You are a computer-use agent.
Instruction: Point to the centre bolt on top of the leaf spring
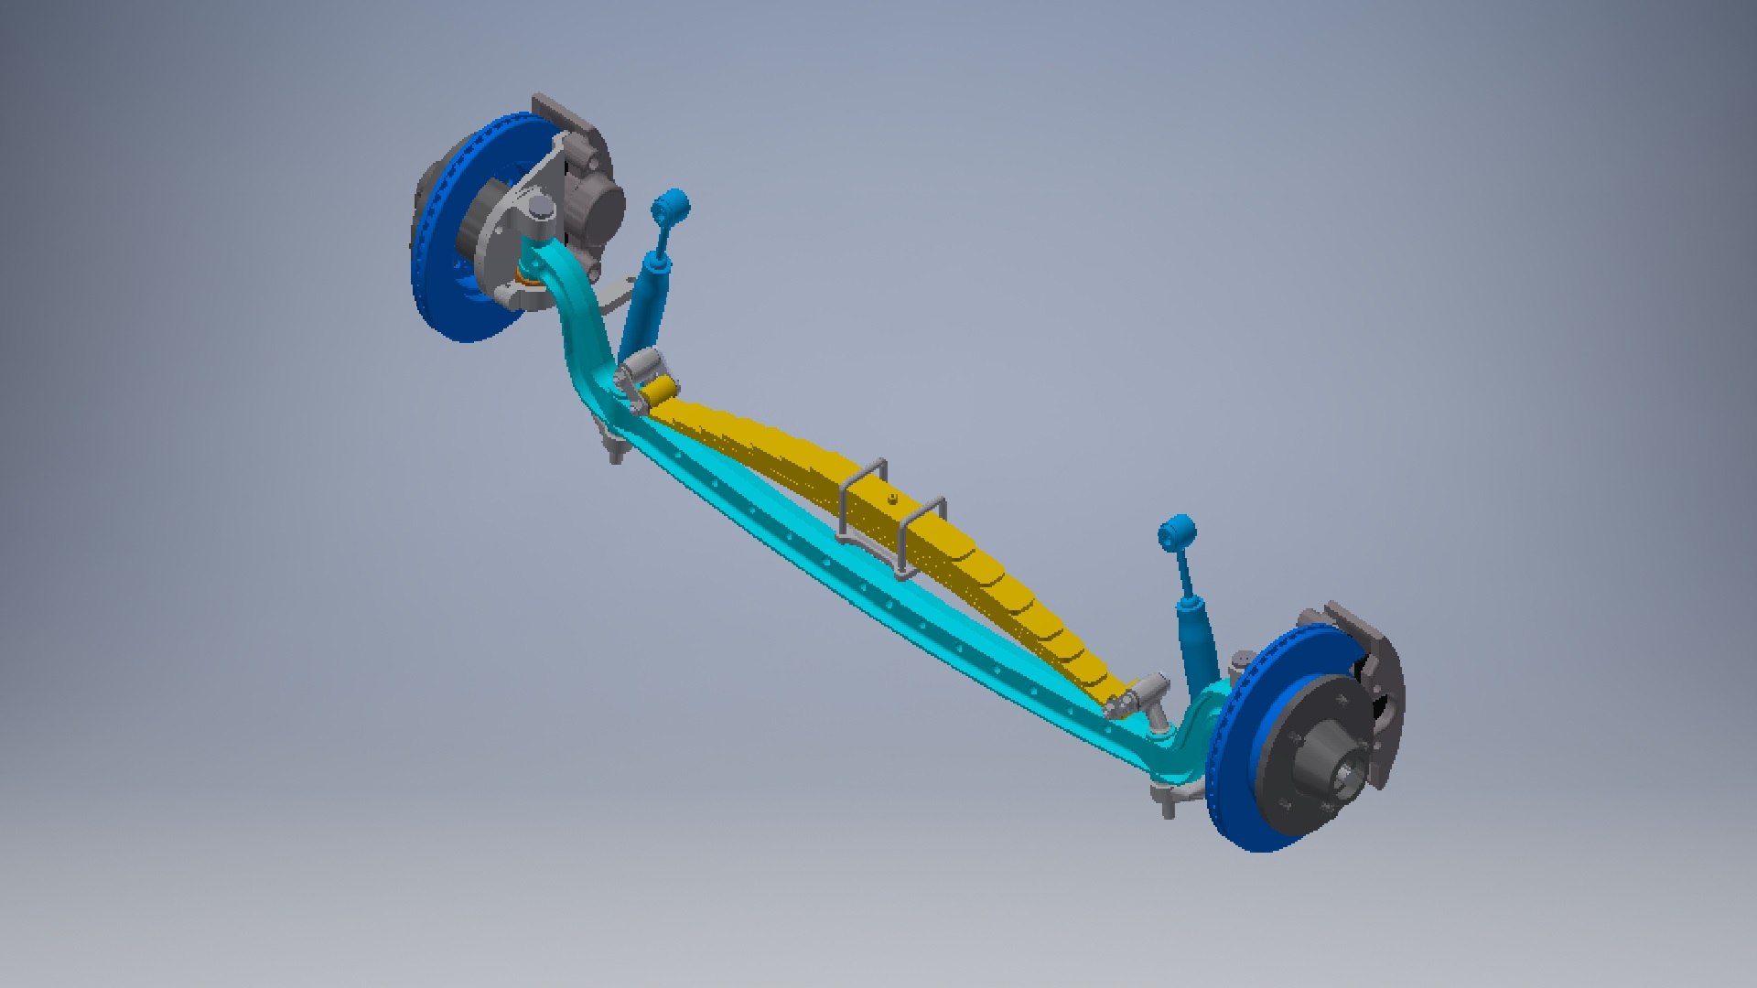pyautogui.click(x=891, y=499)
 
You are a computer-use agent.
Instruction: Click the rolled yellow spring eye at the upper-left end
pyautogui.click(x=659, y=394)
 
